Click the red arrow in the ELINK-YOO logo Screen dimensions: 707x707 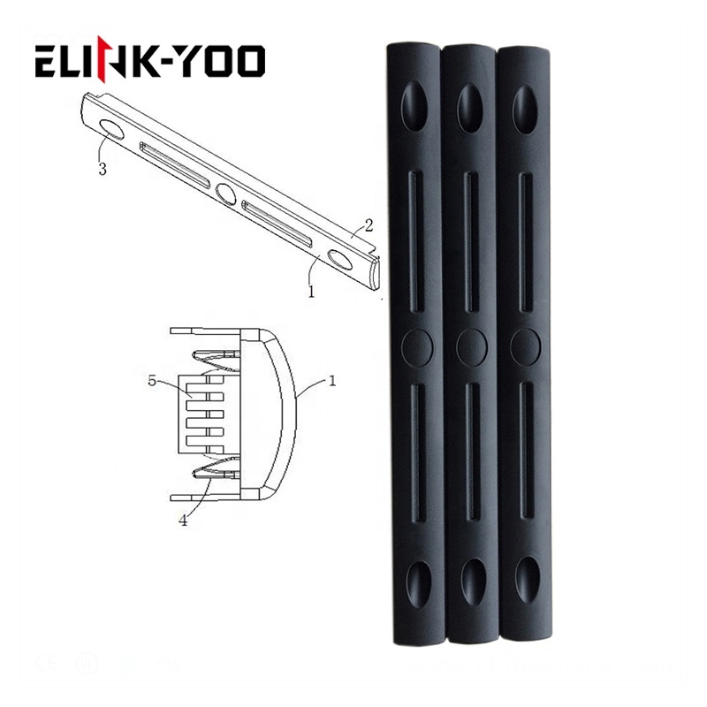point(103,60)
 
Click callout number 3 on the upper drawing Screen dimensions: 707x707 point(103,169)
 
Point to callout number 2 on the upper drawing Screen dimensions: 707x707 point(369,225)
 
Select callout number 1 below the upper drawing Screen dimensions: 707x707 point(311,292)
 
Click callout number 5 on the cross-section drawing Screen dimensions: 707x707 point(152,381)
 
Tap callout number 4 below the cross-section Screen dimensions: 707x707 point(183,521)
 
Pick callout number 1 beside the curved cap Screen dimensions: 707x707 point(332,382)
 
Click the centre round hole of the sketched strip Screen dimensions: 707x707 point(225,193)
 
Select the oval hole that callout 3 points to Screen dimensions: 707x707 point(111,129)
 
